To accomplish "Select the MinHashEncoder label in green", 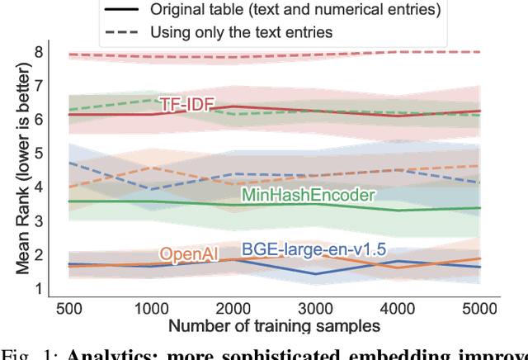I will coord(307,195).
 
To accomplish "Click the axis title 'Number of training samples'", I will coord(273,326).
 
